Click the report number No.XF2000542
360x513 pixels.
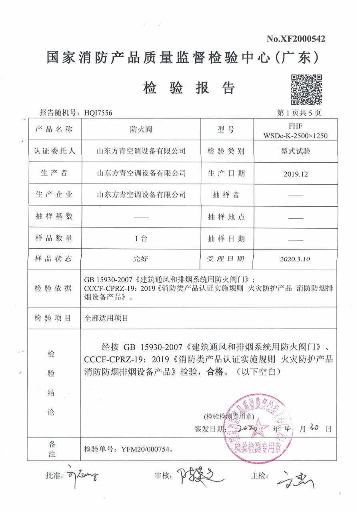pyautogui.click(x=296, y=39)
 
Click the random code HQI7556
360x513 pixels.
pyautogui.click(x=98, y=113)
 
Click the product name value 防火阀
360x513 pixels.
pyautogui.click(x=142, y=130)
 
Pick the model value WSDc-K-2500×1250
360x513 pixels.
pyautogui.click(x=295, y=136)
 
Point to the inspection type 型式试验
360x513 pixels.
pyautogui.click(x=296, y=151)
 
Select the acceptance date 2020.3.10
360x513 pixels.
pyautogui.click(x=296, y=259)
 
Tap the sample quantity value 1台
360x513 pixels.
pyautogui.click(x=142, y=239)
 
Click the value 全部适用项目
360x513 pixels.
pyautogui.click(x=106, y=318)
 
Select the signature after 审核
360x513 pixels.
pyautogui.click(x=196, y=476)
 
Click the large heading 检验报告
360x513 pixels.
pyautogui.click(x=188, y=87)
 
